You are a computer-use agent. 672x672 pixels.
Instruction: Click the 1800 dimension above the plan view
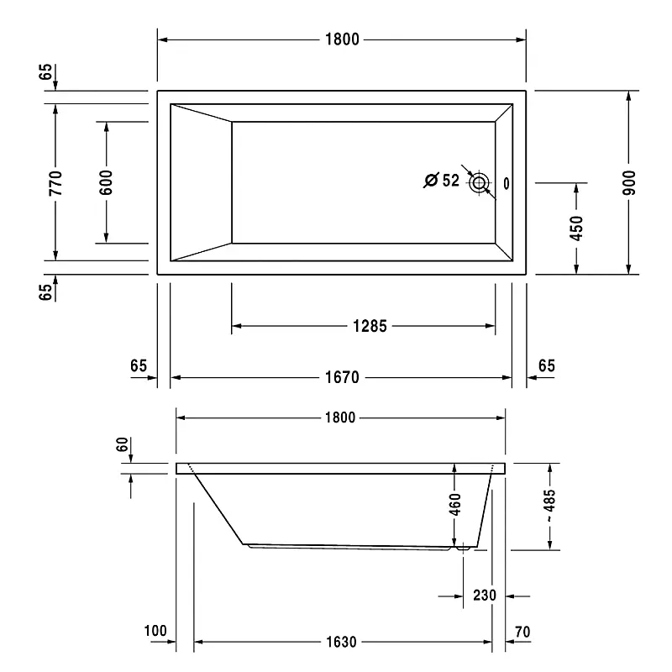[x=342, y=39]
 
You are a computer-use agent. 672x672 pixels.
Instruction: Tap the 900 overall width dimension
[x=630, y=182]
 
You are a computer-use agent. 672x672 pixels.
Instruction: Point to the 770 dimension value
[x=55, y=182]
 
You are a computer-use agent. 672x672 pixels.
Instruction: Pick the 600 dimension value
[x=106, y=182]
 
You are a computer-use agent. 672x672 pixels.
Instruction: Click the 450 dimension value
[x=576, y=228]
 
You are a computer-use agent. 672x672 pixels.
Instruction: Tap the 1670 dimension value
[x=342, y=378]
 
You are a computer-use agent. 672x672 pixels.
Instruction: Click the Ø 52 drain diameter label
[x=442, y=180]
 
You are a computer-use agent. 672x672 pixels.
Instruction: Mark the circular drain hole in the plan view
[x=480, y=182]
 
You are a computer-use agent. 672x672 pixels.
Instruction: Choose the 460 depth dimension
[x=454, y=505]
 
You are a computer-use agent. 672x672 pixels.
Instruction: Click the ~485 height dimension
[x=550, y=506]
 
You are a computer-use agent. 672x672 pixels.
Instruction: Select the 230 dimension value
[x=484, y=596]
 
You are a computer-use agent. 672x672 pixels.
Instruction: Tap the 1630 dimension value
[x=342, y=643]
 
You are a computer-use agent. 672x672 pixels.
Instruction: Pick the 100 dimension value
[x=156, y=631]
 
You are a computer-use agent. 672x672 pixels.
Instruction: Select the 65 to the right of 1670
[x=546, y=365]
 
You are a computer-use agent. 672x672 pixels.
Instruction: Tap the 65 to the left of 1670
[x=139, y=365]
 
